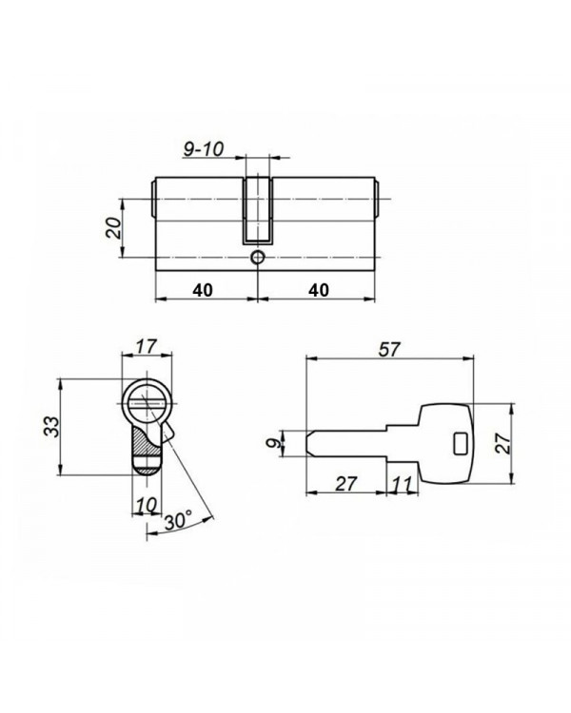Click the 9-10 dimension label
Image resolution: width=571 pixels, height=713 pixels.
pos(204,148)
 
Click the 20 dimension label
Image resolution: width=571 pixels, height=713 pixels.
pos(113,228)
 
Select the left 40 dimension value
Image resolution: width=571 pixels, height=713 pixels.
pos(203,290)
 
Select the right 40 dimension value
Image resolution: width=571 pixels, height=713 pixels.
pos(319,290)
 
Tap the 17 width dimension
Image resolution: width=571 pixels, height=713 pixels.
pos(147,346)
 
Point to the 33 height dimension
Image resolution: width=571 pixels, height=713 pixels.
pos(52,427)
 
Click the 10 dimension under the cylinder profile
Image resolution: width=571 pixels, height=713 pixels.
pos(147,505)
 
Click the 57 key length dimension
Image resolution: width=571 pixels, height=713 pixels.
pos(389,349)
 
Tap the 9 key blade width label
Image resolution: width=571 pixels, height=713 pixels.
pos(274,442)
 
